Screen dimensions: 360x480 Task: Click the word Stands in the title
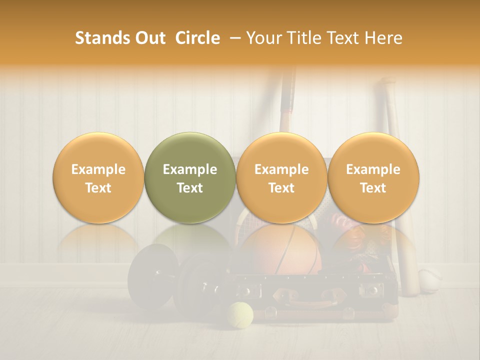(x=102, y=38)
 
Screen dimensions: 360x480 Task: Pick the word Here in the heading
(x=383, y=38)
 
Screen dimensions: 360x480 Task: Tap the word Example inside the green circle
(x=190, y=169)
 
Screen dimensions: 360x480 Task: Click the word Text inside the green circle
(x=190, y=188)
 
